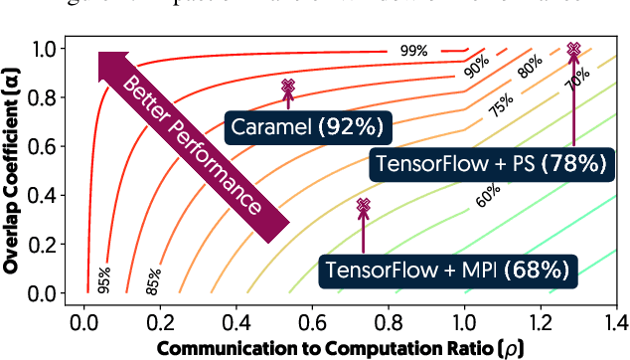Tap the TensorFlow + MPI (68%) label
[449, 269]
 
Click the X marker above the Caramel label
[288, 87]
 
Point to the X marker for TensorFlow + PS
[573, 49]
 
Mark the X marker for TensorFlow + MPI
[364, 205]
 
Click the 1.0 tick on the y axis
[45, 47]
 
